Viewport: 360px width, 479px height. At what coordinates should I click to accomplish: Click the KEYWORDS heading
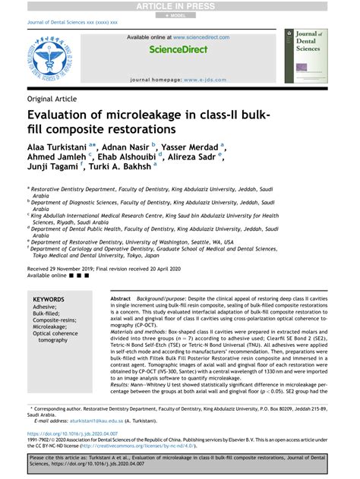click(49, 300)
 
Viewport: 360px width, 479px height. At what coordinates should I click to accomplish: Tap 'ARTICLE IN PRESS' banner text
click(180, 6)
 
